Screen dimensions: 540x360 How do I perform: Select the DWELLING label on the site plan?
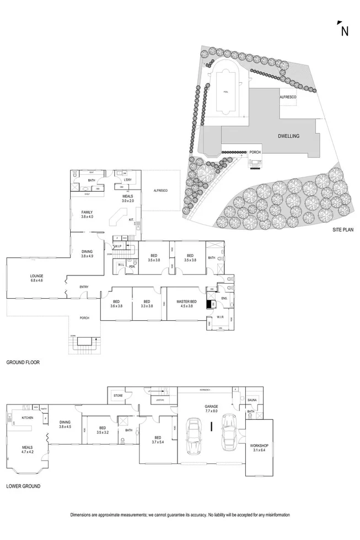[x=289, y=136]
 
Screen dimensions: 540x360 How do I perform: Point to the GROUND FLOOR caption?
[x=23, y=363]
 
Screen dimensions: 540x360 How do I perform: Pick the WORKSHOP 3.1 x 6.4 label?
[x=260, y=448]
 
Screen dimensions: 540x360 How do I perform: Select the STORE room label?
[x=117, y=395]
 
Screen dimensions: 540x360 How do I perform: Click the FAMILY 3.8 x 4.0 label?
[x=87, y=215]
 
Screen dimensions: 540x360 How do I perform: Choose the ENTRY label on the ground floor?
[x=84, y=287]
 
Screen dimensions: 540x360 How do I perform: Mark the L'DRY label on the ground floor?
[x=127, y=180]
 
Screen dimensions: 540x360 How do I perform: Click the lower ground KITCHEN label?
[x=28, y=418]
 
